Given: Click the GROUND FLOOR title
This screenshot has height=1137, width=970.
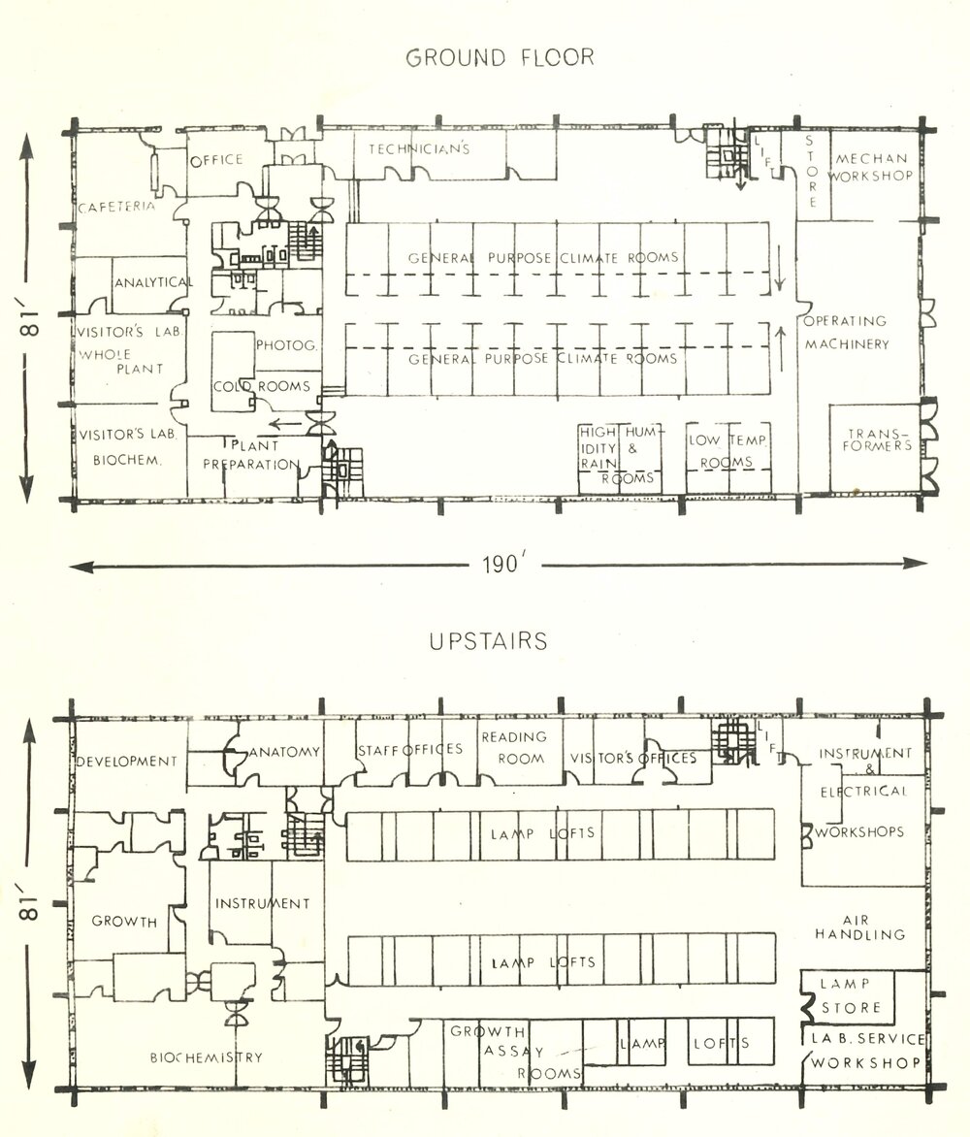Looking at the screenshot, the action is click(x=500, y=57).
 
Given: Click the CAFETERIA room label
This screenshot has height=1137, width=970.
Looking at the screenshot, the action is click(x=117, y=207).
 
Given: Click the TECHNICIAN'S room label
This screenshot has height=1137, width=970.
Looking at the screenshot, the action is click(x=419, y=149).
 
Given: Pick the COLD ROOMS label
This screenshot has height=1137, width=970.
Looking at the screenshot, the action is click(x=262, y=386).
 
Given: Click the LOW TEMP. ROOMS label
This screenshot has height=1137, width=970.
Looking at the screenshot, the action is click(x=728, y=451).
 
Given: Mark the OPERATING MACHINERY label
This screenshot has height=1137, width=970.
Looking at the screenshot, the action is click(x=844, y=332).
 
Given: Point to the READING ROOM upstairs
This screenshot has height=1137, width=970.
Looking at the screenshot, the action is click(x=514, y=748).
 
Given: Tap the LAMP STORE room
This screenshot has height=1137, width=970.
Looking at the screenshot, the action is click(x=850, y=995).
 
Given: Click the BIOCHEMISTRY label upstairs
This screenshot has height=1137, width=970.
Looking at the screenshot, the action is click(x=206, y=1056).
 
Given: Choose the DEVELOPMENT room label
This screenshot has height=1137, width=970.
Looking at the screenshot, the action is click(x=127, y=762).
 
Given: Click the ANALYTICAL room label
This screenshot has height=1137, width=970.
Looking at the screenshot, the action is click(x=153, y=282).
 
